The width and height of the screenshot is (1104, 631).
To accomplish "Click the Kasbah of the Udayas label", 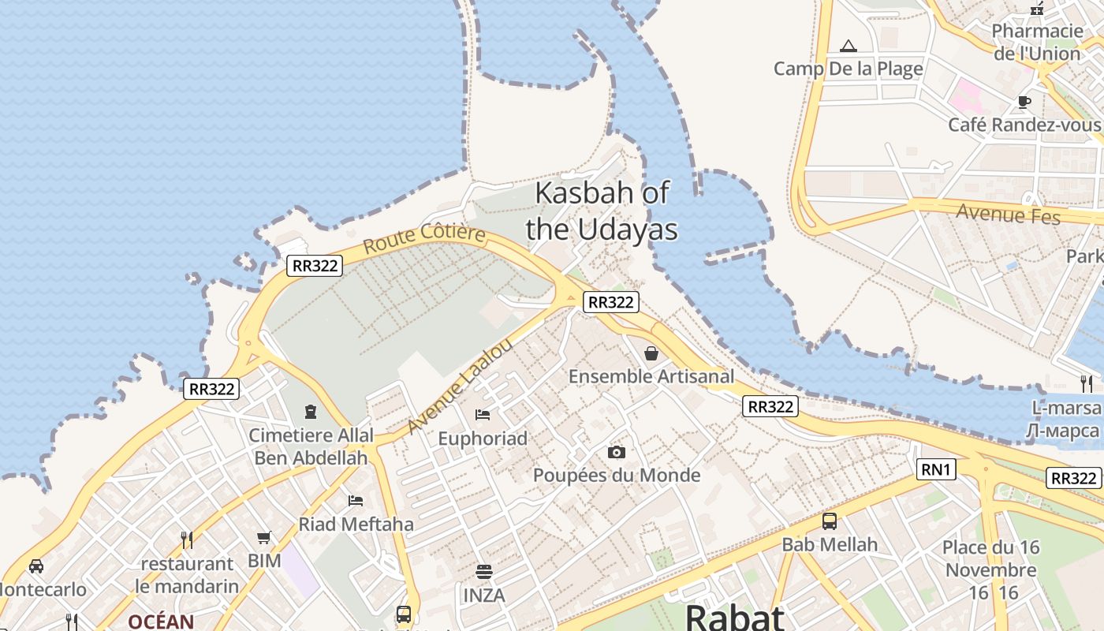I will (602, 211).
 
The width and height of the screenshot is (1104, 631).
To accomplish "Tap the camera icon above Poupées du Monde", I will (617, 452).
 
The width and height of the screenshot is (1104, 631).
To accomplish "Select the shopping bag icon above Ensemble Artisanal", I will (651, 353).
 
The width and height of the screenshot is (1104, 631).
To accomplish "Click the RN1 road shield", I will (937, 470).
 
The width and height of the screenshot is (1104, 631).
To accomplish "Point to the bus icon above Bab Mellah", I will (830, 521).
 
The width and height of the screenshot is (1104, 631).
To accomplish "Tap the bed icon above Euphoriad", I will (483, 415).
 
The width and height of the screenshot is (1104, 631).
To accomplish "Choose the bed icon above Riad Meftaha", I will (356, 501).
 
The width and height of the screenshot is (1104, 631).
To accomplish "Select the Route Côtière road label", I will (424, 238).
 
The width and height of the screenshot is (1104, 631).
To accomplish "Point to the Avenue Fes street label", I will (1008, 213).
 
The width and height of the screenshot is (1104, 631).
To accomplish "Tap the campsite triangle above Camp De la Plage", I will (849, 46).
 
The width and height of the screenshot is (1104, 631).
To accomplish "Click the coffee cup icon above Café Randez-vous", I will (1024, 102).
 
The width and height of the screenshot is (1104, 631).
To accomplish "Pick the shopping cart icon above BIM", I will (264, 538).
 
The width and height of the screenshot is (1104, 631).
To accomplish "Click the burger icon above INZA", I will (484, 572).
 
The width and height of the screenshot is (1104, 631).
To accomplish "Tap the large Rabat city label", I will (734, 617).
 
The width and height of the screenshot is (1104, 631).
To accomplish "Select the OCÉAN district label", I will (161, 622).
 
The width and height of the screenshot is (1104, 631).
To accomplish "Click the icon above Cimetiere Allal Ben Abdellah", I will (310, 412).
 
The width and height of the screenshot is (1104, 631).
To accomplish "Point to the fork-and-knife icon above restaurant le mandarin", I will (187, 540).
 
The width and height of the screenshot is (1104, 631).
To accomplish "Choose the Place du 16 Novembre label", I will (991, 558).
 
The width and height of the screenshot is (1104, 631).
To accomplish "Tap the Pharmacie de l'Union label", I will (1037, 42).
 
